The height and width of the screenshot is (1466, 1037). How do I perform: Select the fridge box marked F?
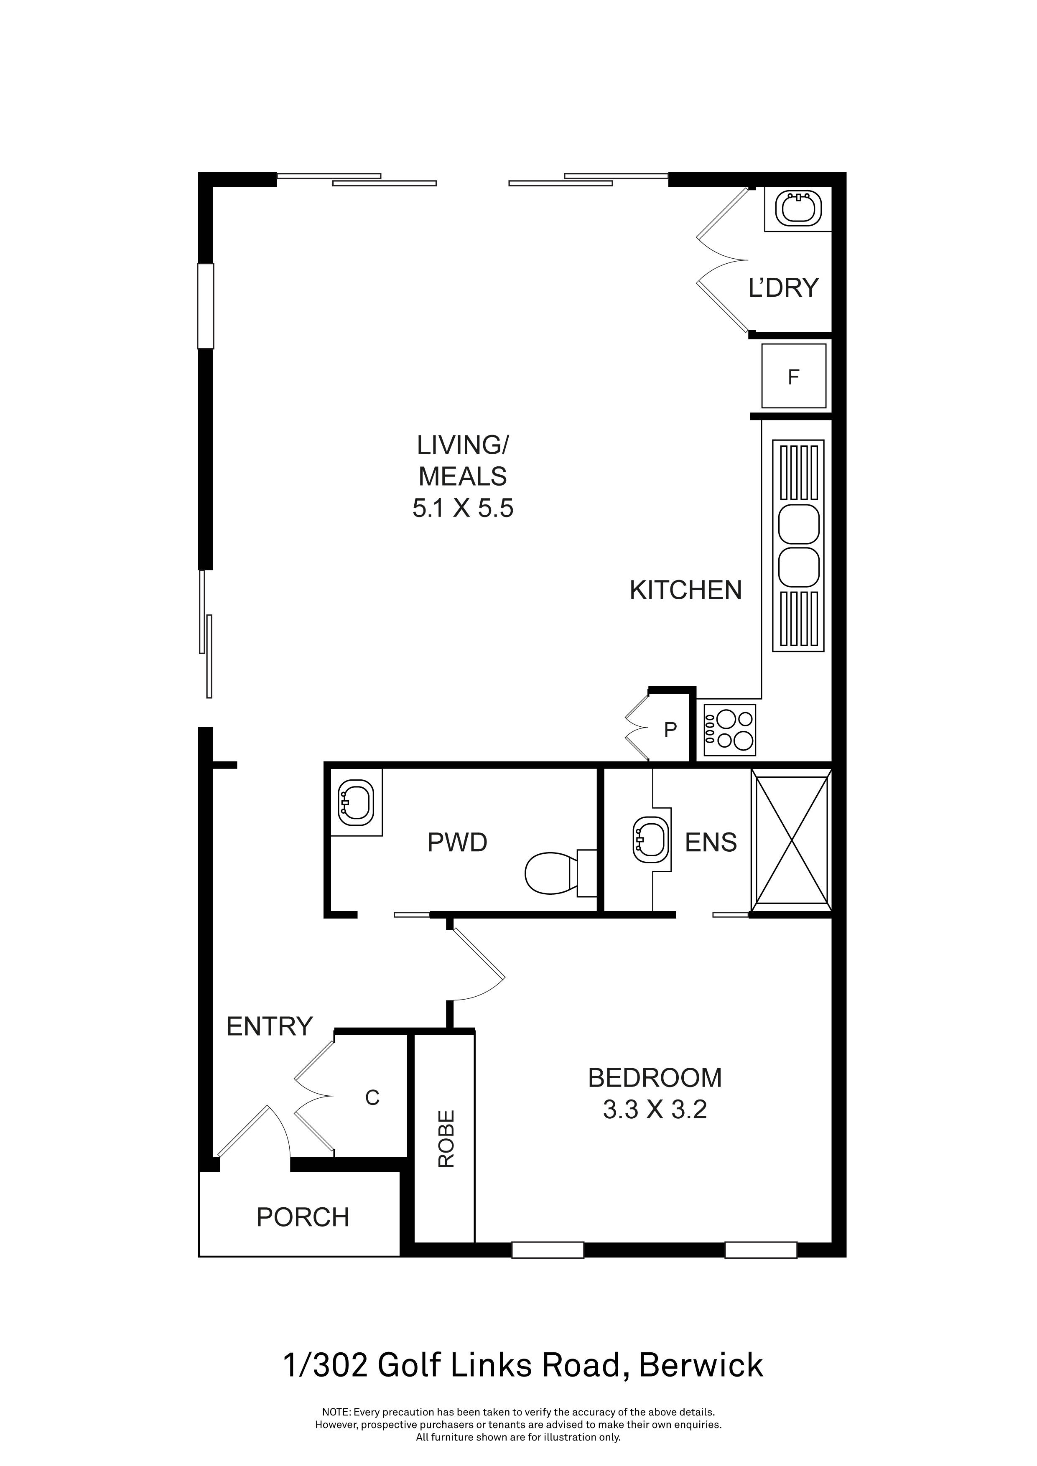(794, 376)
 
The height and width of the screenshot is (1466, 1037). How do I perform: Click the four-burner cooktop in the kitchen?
(730, 730)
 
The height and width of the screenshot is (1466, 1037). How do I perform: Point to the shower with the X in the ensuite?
(792, 840)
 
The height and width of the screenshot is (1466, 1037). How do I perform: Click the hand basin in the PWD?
(355, 801)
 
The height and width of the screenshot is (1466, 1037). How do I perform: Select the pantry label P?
(670, 730)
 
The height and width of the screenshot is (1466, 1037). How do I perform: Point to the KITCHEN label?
(686, 590)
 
